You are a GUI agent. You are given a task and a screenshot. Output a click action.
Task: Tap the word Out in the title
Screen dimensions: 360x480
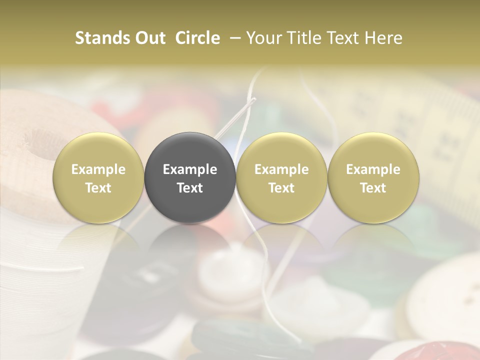tap(149, 38)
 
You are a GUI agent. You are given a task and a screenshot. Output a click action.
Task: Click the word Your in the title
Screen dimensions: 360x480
tap(263, 38)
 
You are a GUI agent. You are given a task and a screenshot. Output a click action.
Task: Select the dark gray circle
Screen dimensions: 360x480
tap(189, 178)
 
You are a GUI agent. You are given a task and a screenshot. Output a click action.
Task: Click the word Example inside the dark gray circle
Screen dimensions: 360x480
tap(189, 169)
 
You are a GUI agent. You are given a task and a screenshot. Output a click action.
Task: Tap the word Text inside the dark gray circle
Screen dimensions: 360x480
tap(189, 188)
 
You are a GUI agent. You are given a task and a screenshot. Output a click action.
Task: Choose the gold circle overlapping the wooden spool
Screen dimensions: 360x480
tap(98, 178)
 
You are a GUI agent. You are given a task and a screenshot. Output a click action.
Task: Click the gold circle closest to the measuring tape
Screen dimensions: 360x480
tap(373, 178)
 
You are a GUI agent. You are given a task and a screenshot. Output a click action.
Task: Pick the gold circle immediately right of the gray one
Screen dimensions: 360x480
tap(281, 178)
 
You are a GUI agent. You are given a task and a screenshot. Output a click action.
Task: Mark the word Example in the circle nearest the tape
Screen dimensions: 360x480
tap(373, 169)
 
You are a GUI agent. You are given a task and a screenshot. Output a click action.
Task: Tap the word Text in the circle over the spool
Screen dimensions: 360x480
tap(98, 188)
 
